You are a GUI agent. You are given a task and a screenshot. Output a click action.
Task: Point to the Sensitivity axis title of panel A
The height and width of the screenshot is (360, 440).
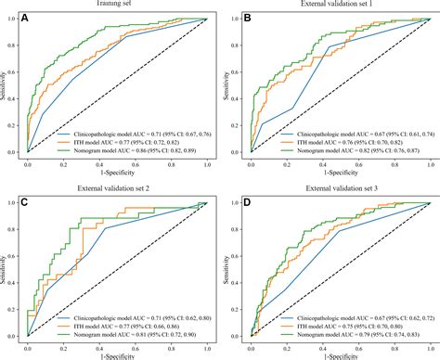pyautogui.click(x=6, y=82)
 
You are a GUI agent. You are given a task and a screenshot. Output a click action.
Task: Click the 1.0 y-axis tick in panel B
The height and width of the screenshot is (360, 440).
pyautogui.click(x=239, y=18)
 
